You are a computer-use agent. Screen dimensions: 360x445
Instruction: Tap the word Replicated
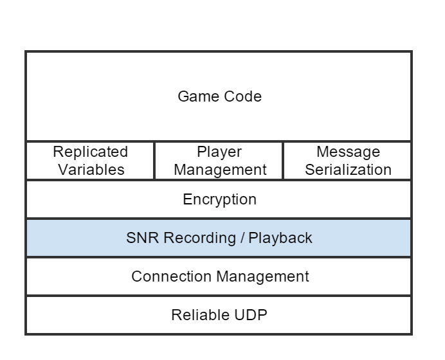90,152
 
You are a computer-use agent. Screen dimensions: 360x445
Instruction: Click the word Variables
91,170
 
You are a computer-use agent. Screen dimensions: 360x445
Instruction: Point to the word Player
219,152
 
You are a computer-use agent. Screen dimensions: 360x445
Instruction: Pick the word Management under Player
220,170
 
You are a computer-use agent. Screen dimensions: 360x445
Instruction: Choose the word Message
348,152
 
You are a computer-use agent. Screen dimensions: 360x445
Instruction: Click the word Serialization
348,170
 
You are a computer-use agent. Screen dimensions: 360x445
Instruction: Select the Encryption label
219,199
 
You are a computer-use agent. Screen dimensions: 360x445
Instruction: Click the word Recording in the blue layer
199,238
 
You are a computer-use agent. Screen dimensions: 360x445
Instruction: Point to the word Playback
280,239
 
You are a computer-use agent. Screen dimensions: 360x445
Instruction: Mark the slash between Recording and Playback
242,238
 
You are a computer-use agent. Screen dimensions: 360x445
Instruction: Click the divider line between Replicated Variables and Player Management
154,161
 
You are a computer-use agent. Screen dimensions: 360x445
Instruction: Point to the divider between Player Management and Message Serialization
283,161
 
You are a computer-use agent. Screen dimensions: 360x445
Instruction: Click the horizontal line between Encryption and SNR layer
219,219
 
